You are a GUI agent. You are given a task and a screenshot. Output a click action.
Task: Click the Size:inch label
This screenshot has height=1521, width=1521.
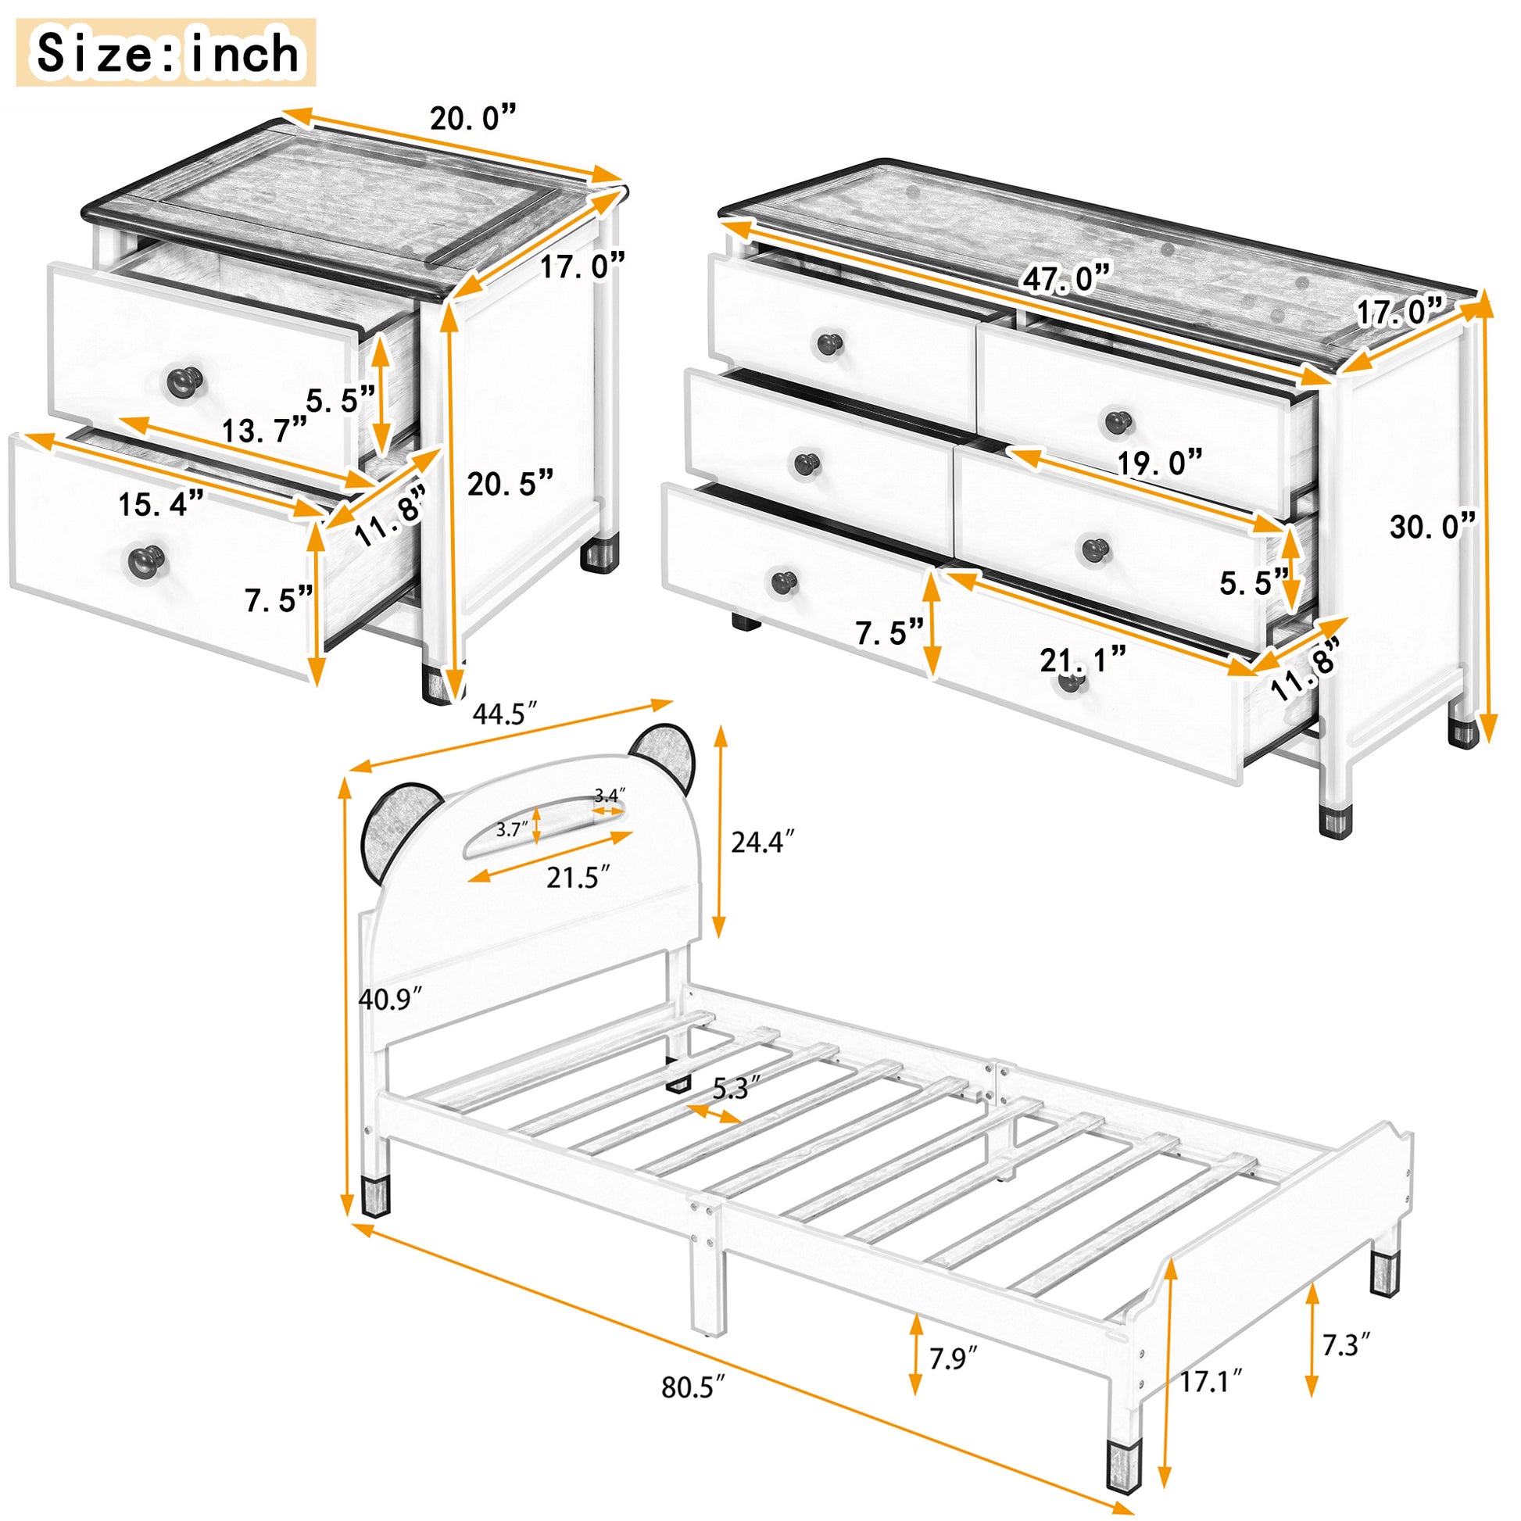pyautogui.click(x=166, y=53)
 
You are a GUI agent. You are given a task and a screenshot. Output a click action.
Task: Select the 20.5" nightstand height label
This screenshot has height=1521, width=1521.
pyautogui.click(x=510, y=482)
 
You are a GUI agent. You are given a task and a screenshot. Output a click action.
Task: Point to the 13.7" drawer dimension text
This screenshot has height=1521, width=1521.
pyautogui.click(x=264, y=430)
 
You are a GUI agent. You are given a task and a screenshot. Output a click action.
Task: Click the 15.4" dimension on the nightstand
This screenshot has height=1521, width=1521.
pyautogui.click(x=160, y=504)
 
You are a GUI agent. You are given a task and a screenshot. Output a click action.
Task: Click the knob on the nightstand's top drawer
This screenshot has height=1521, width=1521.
pyautogui.click(x=187, y=381)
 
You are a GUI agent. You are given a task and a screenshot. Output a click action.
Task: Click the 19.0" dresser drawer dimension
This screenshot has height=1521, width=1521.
pyautogui.click(x=1160, y=463)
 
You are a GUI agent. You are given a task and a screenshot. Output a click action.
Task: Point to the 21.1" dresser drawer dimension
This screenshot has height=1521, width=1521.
pyautogui.click(x=1083, y=660)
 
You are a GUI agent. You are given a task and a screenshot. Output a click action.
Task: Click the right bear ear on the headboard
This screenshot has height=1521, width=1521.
pyautogui.click(x=664, y=758)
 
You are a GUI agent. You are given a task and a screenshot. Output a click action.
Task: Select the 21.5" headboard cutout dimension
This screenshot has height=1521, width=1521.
pyautogui.click(x=578, y=877)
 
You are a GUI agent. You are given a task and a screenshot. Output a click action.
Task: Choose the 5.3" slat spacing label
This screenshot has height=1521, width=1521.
pyautogui.click(x=736, y=1090)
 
